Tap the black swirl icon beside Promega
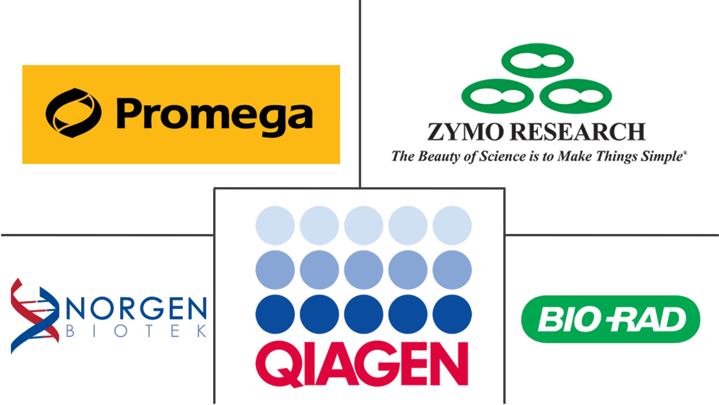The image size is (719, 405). coord(74,113)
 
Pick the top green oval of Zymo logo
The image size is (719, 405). coord(537,60)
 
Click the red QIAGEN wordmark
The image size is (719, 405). coord(362,364)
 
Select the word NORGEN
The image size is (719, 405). coord(136,308)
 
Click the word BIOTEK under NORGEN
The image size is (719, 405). coord(136,331)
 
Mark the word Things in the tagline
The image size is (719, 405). coord(616,157)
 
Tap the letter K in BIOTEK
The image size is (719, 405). coord(202,331)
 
